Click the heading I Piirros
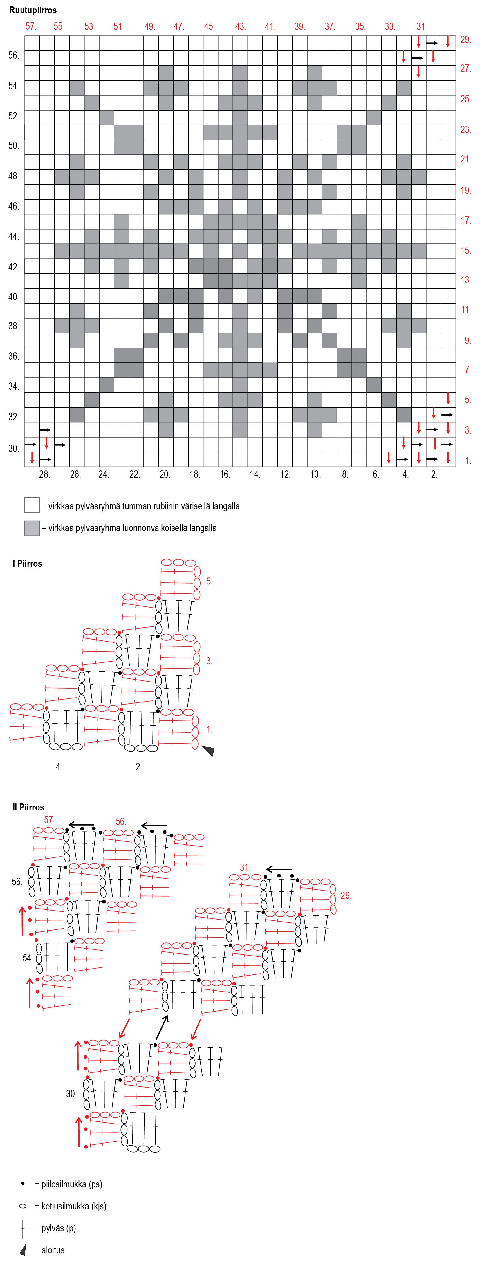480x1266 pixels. [x=28, y=564]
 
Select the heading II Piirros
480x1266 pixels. [x=28, y=808]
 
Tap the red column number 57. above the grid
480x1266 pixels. [x=31, y=26]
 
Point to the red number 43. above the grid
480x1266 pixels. [x=240, y=26]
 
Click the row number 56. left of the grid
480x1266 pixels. [x=14, y=55]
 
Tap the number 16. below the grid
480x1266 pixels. [x=225, y=474]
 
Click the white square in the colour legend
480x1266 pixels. [x=32, y=505]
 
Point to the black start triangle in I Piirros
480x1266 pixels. [x=208, y=750]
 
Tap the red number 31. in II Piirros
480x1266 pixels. [x=245, y=867]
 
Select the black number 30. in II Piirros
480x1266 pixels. [x=71, y=1094]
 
